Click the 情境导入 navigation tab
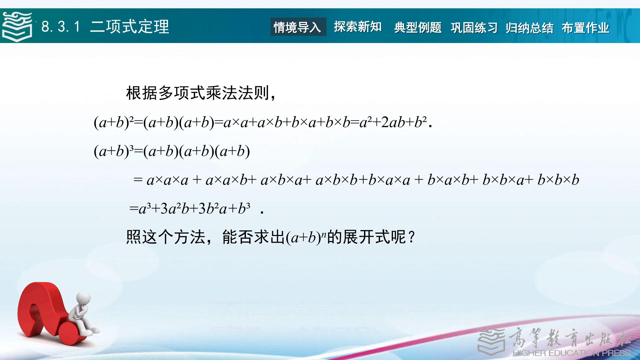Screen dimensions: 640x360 (x=298, y=27)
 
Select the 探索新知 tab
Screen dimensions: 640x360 (x=358, y=27)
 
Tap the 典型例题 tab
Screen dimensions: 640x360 (x=418, y=27)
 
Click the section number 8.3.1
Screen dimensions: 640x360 (x=61, y=27)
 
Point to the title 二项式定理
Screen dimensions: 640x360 (x=130, y=27)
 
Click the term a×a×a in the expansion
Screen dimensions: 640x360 (x=167, y=180)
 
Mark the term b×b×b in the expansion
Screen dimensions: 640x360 (x=558, y=180)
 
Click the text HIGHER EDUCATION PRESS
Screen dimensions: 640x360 (x=572, y=353)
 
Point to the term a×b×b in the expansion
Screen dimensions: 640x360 (x=336, y=180)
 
